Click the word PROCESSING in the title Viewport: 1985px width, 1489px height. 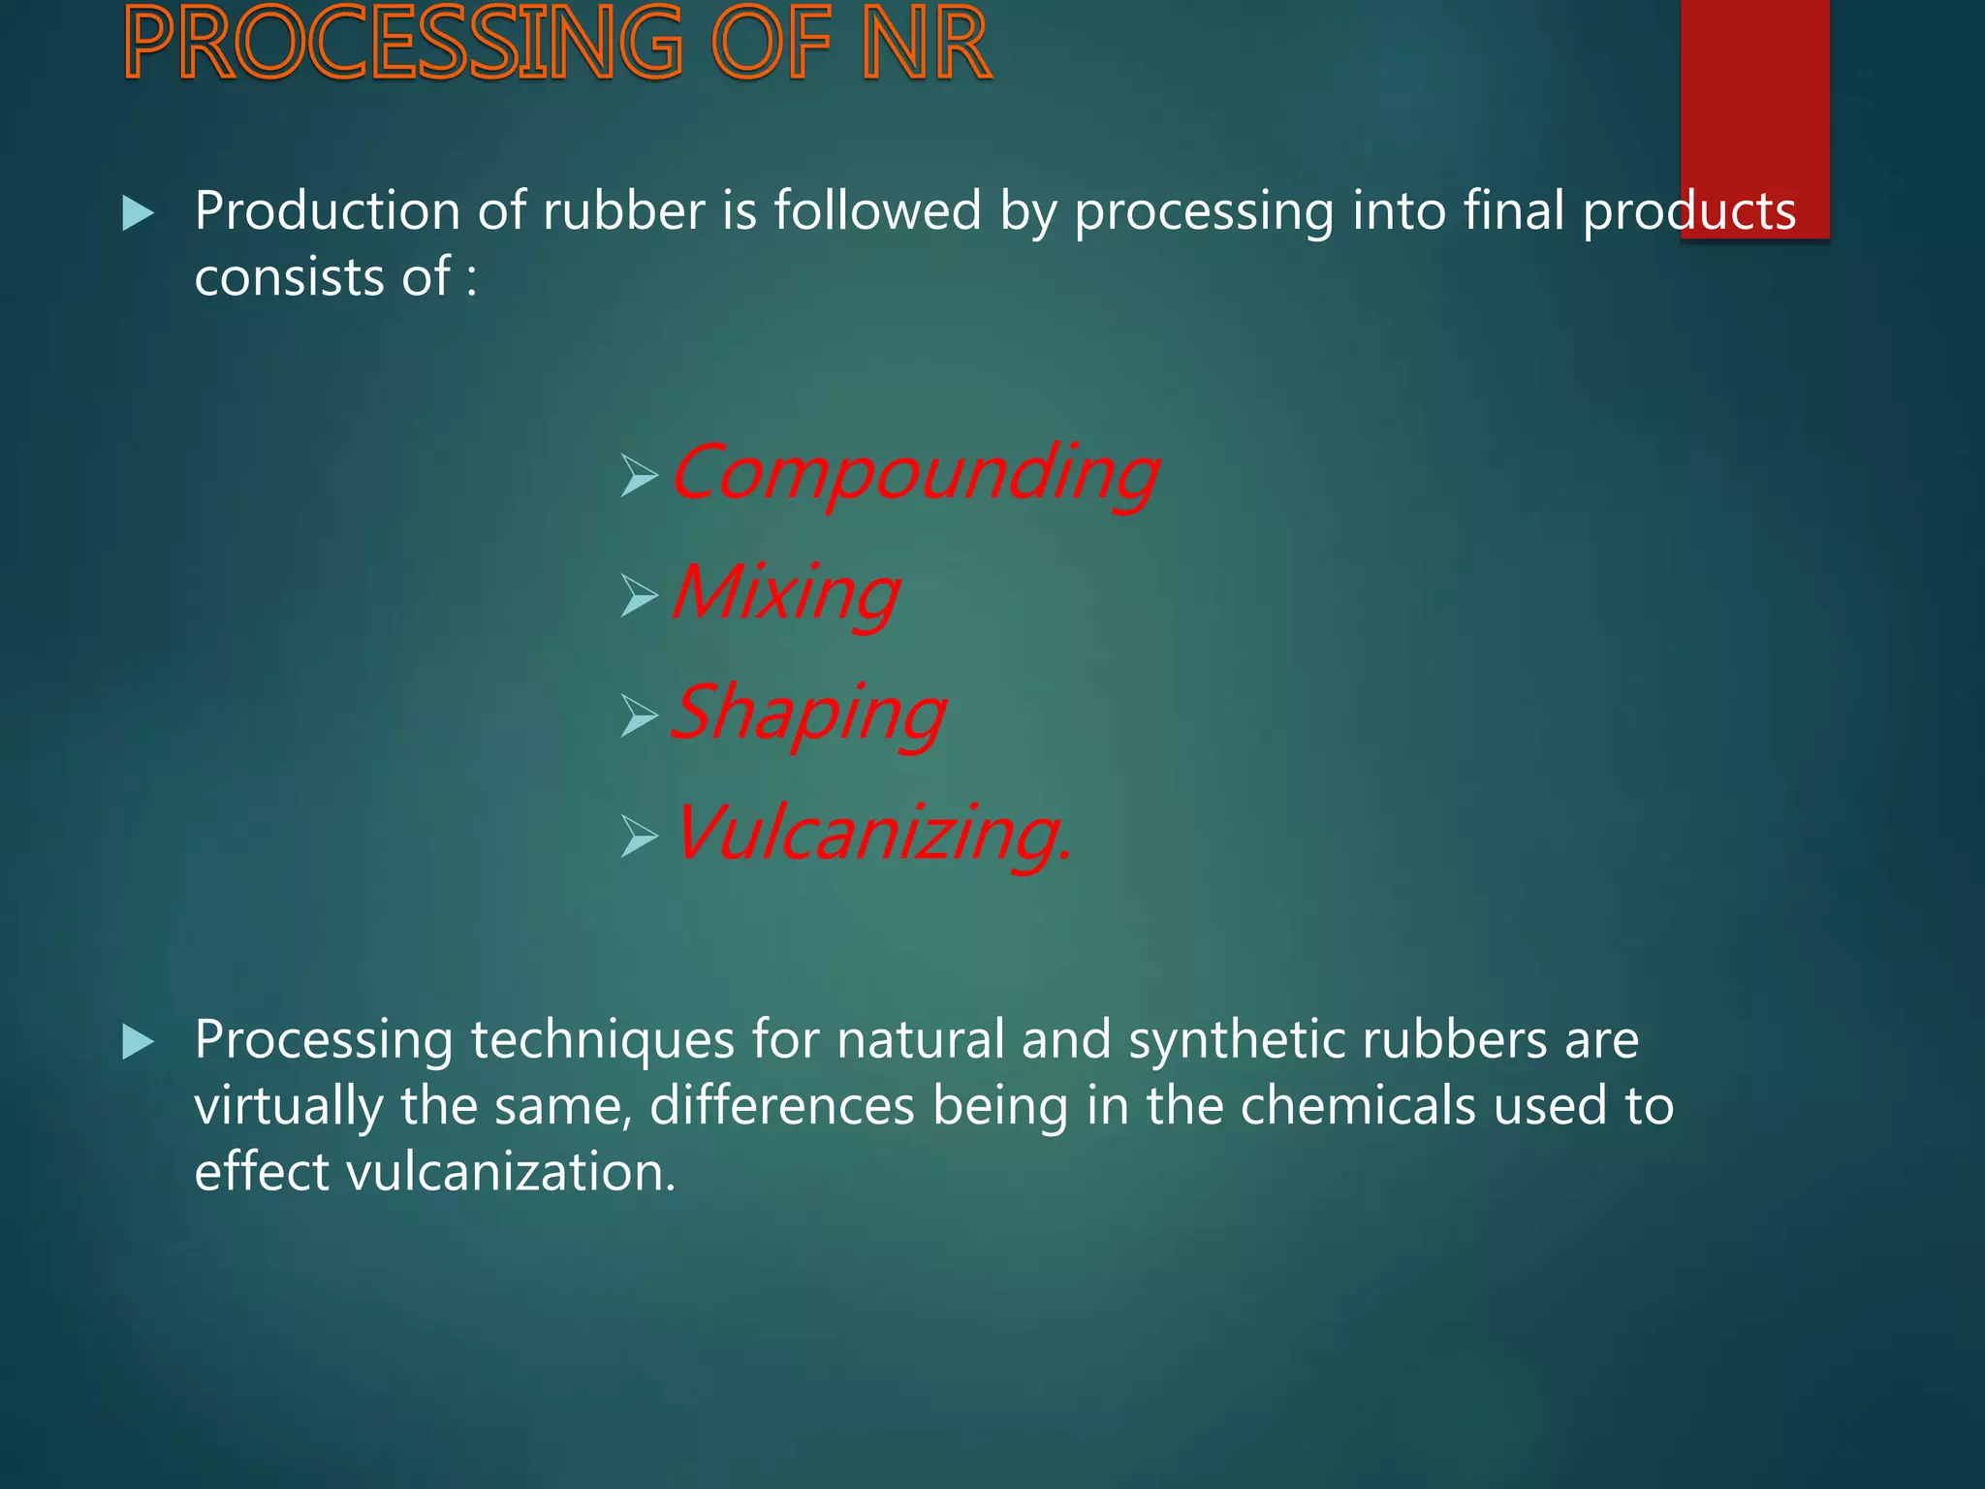(403, 44)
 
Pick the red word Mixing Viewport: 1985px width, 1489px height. (786, 594)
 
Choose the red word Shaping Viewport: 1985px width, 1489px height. (808, 714)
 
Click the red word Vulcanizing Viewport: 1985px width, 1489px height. (872, 834)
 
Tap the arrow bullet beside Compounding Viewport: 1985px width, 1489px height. (639, 476)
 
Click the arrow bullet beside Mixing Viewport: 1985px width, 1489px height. (639, 595)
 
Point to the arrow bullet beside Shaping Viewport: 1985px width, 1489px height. (639, 715)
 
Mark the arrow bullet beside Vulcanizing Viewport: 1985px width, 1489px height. (639, 836)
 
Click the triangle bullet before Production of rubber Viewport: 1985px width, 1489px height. (139, 213)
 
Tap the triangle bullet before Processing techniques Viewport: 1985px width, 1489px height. (139, 1043)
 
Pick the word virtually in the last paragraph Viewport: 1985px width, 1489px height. (288, 1108)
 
